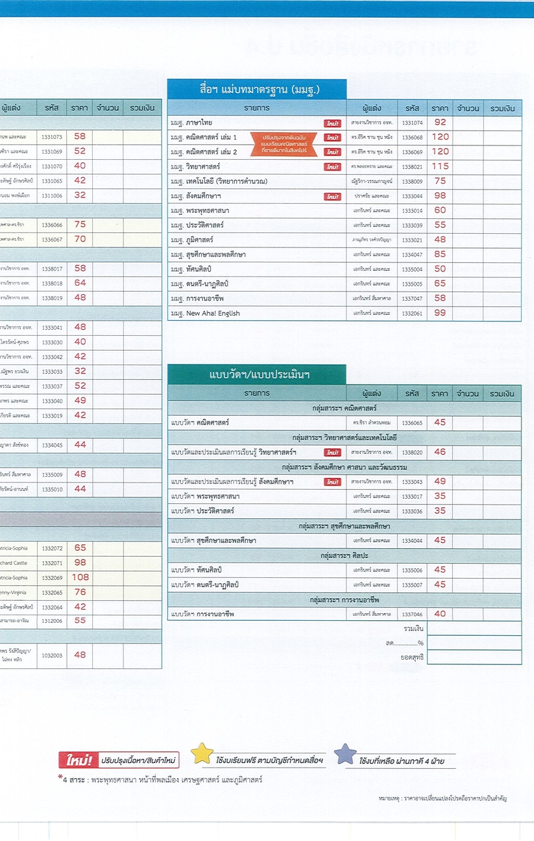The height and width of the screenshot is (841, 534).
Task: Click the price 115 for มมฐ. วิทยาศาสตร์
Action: point(441,167)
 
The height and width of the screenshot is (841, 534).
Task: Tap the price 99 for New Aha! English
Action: point(441,313)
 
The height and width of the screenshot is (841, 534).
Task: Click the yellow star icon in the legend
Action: point(202,754)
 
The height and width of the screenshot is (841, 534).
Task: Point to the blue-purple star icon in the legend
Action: point(345,755)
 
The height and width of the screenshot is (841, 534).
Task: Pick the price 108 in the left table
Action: point(80,577)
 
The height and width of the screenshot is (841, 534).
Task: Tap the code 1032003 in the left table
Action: point(52,655)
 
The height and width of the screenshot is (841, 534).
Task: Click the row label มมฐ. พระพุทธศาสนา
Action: point(199,210)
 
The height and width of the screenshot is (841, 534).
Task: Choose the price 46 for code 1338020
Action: point(441,452)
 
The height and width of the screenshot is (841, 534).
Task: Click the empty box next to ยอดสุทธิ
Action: point(474,657)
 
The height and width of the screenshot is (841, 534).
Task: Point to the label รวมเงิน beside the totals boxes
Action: point(413,629)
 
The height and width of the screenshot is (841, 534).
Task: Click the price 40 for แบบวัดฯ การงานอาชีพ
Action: point(441,614)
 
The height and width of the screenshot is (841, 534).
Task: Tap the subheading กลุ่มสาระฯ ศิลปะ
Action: point(344,556)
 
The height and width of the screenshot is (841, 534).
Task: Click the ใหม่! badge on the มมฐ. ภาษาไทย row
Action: point(333,123)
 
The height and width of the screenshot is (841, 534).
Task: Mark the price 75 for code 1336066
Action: point(80,224)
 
